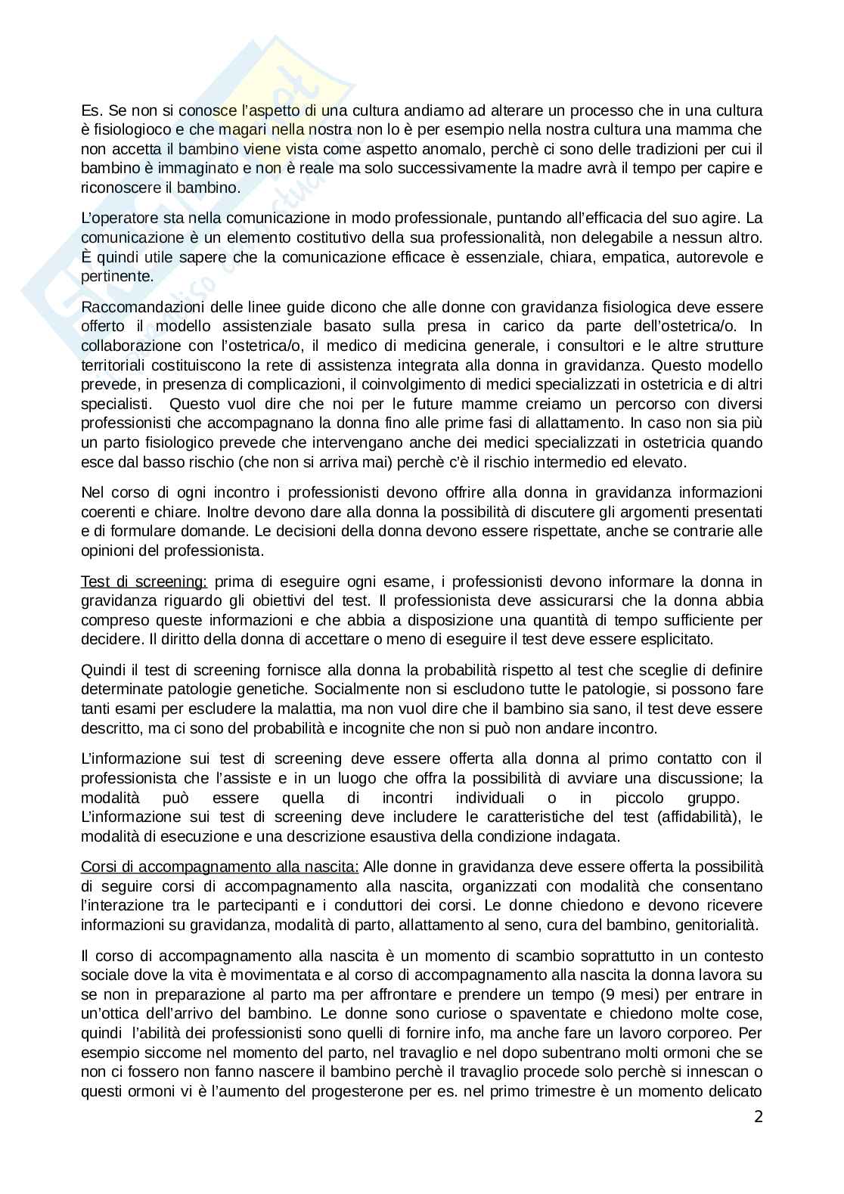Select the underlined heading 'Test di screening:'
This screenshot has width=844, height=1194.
point(144,581)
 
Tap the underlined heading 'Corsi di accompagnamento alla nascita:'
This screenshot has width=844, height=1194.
point(219,866)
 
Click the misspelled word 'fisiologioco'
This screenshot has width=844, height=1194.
point(129,129)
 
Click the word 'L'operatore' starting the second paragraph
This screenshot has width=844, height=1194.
point(116,219)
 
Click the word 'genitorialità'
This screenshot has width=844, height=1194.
point(718,924)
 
